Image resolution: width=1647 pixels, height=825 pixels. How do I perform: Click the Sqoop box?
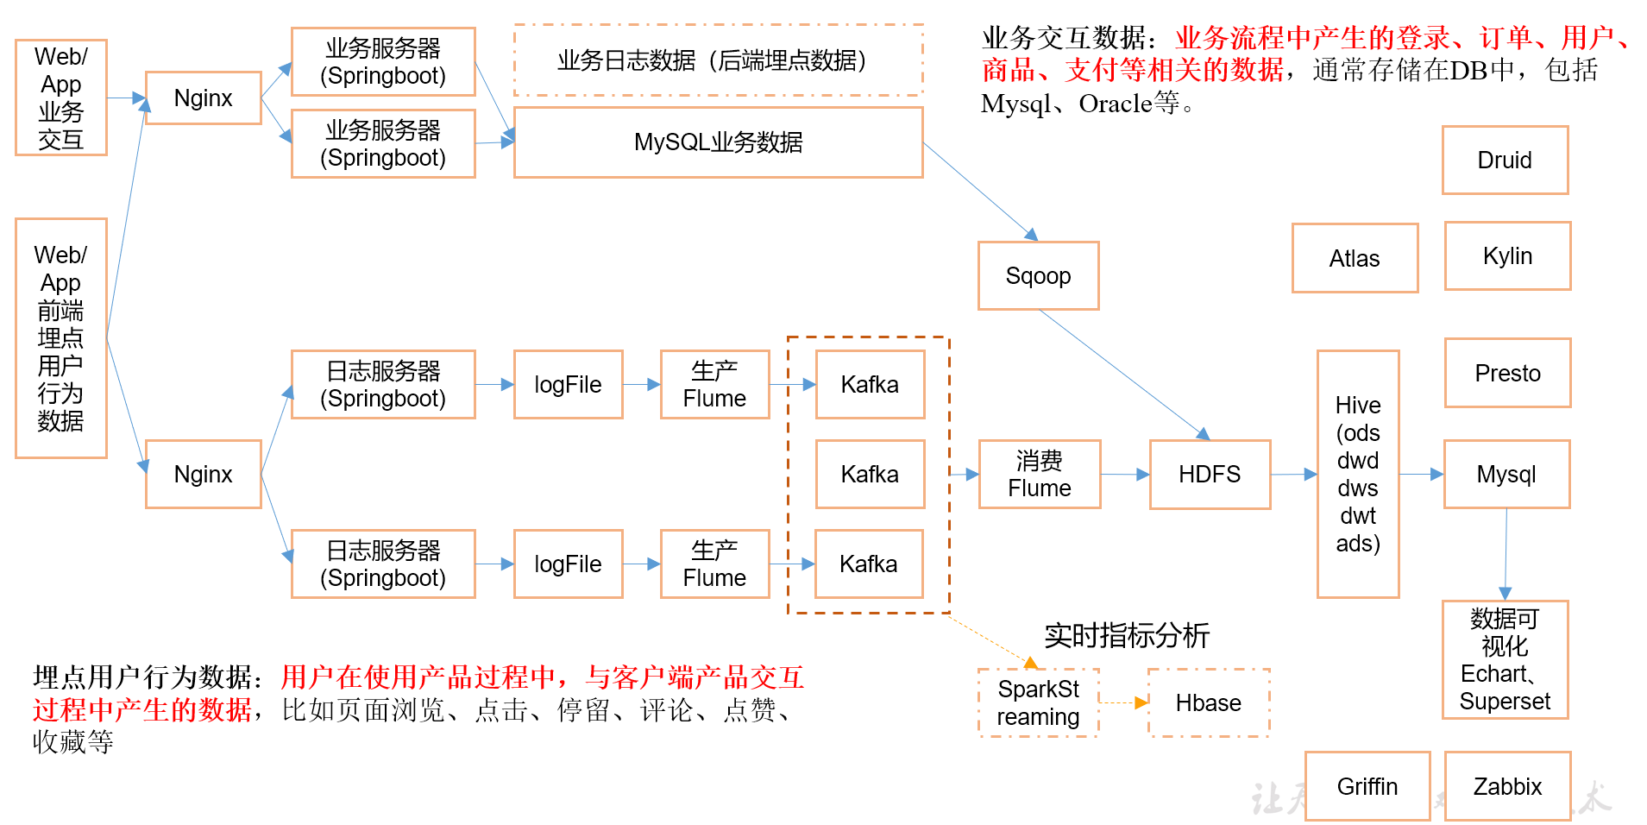(1038, 275)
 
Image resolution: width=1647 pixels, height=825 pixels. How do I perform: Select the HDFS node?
(1210, 474)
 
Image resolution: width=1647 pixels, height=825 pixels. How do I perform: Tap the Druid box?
(1505, 160)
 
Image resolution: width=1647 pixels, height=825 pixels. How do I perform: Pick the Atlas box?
(1355, 258)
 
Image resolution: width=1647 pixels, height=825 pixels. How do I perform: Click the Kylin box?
(1507, 255)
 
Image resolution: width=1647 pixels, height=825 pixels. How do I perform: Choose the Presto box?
(1507, 373)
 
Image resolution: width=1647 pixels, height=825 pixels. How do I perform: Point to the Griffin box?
(1367, 786)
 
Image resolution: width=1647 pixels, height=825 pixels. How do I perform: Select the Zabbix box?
(1507, 786)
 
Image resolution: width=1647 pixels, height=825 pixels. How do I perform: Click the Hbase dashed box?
(1209, 702)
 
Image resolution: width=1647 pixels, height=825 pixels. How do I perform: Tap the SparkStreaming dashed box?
(1039, 702)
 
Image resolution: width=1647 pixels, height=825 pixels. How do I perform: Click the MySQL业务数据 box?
(718, 142)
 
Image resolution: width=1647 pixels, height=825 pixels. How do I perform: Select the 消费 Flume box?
(1039, 474)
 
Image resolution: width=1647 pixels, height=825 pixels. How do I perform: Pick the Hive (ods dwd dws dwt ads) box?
(1358, 474)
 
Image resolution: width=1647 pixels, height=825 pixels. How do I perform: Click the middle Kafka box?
(870, 474)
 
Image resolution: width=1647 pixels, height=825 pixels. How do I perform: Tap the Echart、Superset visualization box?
(1505, 659)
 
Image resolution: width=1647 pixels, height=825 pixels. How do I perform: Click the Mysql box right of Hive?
(1506, 474)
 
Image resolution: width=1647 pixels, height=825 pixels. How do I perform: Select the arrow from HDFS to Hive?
(1294, 474)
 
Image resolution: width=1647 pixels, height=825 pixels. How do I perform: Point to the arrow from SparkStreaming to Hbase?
(1124, 702)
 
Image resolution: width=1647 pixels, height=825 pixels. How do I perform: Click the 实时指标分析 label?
(1127, 636)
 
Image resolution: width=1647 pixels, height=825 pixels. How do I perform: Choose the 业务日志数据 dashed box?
(718, 60)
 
